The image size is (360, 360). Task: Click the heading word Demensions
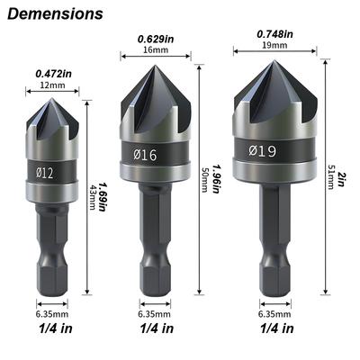tap(55, 14)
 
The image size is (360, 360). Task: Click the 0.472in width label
tap(54, 74)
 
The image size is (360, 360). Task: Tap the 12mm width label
tap(52, 85)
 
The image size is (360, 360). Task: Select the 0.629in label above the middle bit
tap(156, 39)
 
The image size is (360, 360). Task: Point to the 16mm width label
tap(156, 49)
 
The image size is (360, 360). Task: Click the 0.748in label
tap(274, 34)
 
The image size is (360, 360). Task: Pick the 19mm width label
tap(274, 45)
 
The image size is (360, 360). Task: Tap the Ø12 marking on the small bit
tap(45, 173)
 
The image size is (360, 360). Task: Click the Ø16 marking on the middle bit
tap(145, 155)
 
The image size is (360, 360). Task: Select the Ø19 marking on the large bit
tap(263, 150)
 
